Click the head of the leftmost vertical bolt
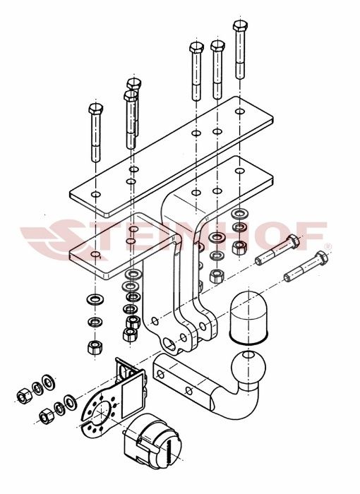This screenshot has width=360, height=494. tap(95, 111)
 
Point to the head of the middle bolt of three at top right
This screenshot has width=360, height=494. tap(217, 47)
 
